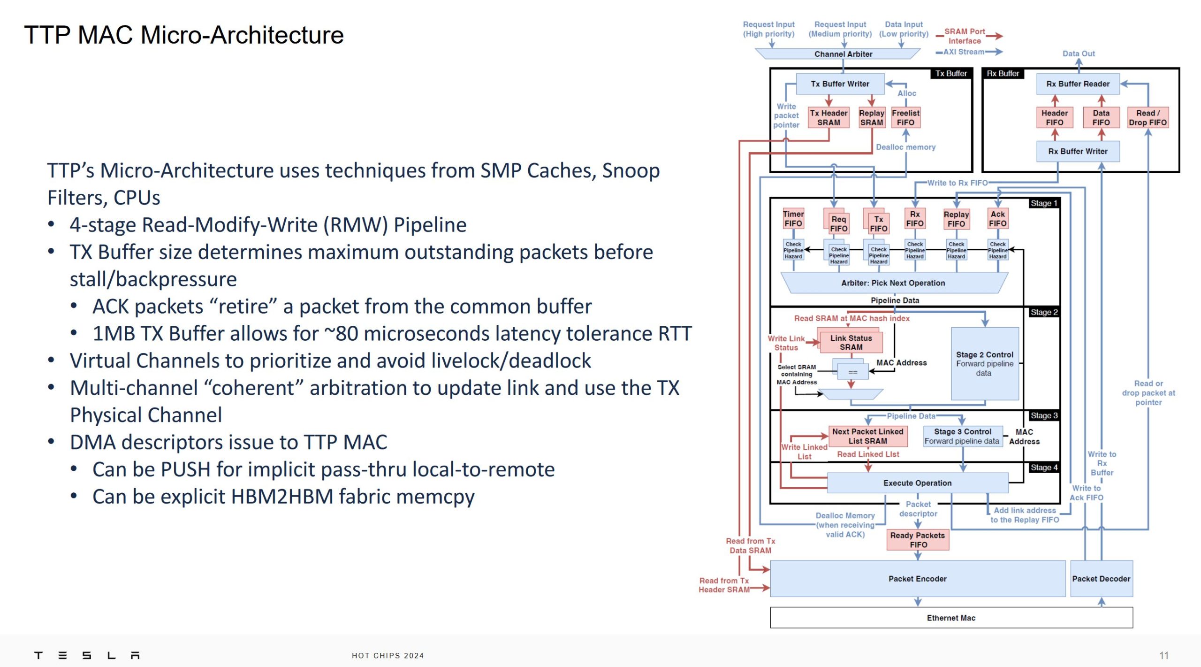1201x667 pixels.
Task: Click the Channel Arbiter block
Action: coord(843,54)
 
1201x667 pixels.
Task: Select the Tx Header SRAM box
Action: coord(829,118)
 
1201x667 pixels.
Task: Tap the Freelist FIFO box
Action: coord(905,118)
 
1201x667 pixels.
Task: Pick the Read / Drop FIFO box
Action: coord(1148,118)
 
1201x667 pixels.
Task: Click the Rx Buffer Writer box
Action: coord(1078,151)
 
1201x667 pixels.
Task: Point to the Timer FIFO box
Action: coord(793,219)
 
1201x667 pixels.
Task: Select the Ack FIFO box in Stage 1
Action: coord(997,219)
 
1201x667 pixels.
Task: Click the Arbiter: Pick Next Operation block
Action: coord(893,283)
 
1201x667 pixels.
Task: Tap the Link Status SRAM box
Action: coord(851,343)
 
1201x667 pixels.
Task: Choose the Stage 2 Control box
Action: coord(984,364)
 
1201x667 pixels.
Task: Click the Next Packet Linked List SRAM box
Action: coord(867,436)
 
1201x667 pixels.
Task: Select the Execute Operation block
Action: coord(917,483)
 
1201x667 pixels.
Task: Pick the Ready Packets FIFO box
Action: coord(918,540)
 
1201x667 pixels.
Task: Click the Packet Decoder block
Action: coord(1101,579)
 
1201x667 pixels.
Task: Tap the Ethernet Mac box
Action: coord(951,618)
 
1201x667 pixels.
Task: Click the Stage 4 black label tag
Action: coord(1044,468)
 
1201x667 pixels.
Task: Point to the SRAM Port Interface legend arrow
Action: coord(994,36)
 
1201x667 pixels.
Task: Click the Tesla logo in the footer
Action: coord(87,655)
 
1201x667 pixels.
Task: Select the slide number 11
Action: coord(1164,655)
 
